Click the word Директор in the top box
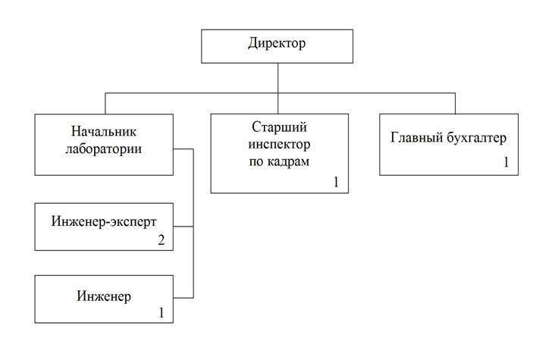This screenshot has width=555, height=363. (x=276, y=44)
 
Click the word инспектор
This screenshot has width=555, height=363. (x=280, y=145)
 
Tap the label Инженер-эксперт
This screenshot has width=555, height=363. (x=104, y=221)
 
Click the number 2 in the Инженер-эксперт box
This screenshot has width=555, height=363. (x=161, y=240)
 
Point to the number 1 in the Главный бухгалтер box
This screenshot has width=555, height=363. (x=505, y=163)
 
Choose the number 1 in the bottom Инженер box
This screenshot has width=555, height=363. (x=160, y=311)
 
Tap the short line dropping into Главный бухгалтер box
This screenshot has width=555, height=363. (x=455, y=103)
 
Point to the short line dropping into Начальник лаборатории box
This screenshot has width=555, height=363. (x=105, y=103)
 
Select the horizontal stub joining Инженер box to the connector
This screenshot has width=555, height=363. (x=183, y=296)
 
